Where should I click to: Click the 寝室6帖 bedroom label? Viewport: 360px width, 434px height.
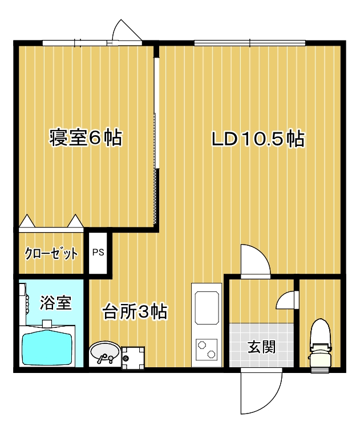86,137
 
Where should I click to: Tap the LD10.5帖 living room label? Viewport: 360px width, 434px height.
258,139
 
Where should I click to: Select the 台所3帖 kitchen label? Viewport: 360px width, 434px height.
135,311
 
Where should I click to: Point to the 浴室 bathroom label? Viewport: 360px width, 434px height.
56,302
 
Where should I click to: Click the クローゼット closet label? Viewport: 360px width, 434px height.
51,253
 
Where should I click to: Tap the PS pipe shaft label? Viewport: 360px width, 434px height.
98,252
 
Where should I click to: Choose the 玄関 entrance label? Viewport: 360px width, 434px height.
261,347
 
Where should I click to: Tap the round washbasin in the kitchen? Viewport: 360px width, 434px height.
104,352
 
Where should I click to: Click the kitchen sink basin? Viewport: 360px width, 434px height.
207,307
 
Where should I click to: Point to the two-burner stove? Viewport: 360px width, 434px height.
207,348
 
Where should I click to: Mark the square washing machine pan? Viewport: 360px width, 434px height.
133,358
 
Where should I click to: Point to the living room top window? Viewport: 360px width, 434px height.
250,43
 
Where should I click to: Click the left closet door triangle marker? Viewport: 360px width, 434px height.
27,221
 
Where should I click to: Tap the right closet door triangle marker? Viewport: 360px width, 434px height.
75,221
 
